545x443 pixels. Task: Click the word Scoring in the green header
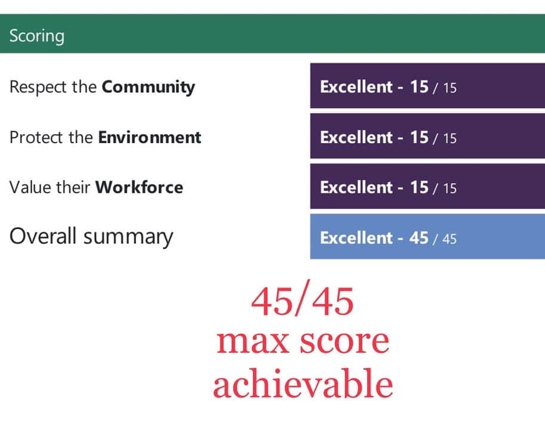tap(37, 36)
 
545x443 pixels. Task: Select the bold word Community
tap(148, 88)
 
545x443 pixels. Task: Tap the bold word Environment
tap(149, 137)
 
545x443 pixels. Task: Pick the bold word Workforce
tap(139, 187)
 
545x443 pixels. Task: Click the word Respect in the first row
tap(38, 88)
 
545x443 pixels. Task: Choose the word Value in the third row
tap(30, 187)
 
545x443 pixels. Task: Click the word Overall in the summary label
tap(42, 236)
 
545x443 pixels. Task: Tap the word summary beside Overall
tap(128, 238)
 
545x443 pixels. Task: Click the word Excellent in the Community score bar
tap(356, 87)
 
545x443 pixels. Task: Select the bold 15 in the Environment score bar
tap(419, 137)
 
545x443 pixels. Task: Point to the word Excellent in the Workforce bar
tap(356, 187)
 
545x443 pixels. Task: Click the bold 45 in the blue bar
tap(419, 238)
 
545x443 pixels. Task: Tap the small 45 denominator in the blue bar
tap(449, 239)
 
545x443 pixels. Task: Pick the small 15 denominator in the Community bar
tap(449, 88)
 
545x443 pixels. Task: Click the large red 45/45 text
tap(303, 301)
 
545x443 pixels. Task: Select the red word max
tap(253, 342)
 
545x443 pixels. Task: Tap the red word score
tap(344, 342)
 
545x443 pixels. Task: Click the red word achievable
tap(303, 383)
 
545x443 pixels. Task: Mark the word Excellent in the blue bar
tap(356, 238)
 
